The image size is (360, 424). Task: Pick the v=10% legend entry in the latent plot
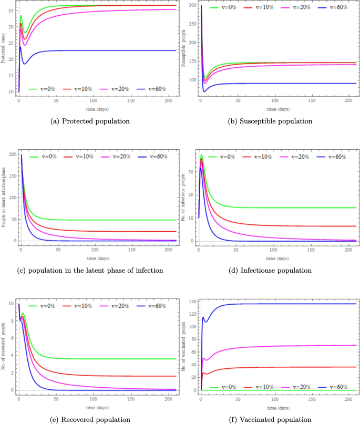pos(80,157)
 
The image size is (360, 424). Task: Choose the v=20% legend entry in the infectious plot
pos(296,157)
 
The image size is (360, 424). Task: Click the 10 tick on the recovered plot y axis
pos(11,304)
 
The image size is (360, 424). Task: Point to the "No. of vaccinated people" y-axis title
pos(184,346)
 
